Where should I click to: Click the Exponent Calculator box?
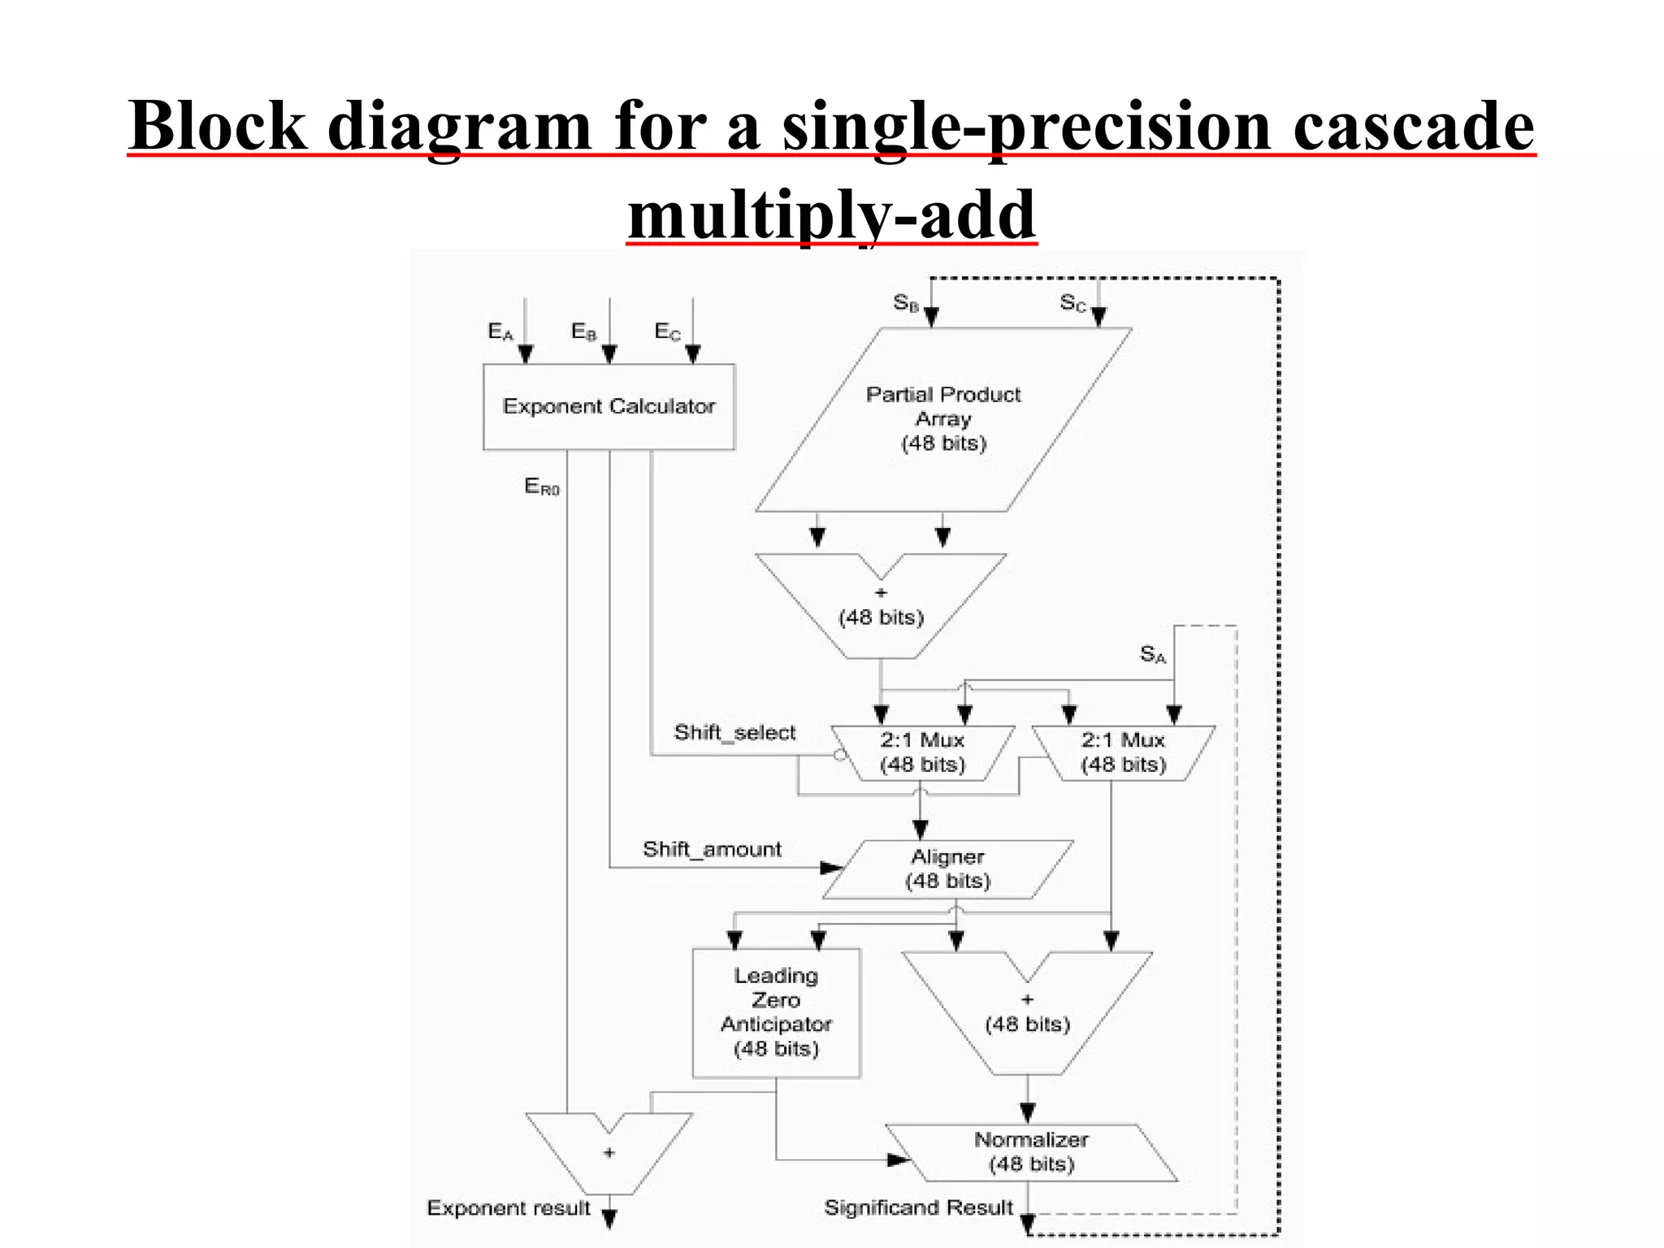pos(609,406)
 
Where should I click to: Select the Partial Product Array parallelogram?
pos(942,419)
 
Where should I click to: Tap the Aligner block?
pos(947,869)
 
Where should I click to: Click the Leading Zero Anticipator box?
pos(776,1012)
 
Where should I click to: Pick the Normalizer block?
pos(1030,1152)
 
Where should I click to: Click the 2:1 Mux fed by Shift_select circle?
pos(922,752)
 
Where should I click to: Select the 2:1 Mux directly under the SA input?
pos(1123,752)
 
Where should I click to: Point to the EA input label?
pos(500,331)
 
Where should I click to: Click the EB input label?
pos(583,331)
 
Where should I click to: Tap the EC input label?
pos(667,331)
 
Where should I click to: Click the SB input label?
pos(905,303)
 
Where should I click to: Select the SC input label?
pos(1072,303)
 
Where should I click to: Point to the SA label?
pos(1152,654)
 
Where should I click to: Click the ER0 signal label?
pos(541,487)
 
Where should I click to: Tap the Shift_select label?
pos(734,733)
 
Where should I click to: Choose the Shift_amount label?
pos(712,850)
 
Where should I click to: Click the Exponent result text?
pos(509,1208)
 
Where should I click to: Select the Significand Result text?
pos(918,1208)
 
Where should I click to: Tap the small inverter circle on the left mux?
pos(840,755)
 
